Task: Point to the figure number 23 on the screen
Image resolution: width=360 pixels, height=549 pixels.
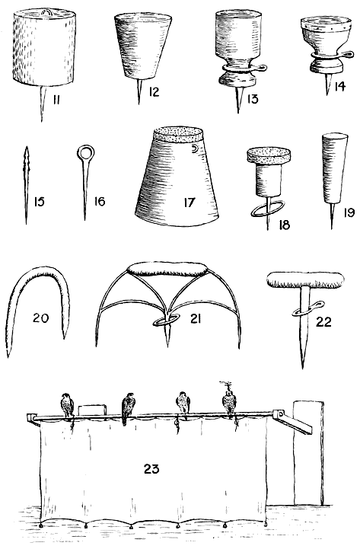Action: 151,468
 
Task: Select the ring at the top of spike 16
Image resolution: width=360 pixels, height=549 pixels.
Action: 84,152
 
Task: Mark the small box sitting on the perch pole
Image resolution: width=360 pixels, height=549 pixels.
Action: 92,410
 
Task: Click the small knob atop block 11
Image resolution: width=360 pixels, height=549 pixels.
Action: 45,13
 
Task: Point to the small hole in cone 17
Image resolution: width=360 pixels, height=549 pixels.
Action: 194,149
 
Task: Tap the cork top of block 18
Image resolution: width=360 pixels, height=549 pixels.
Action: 269,155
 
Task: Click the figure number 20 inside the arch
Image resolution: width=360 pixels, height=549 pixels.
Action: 40,318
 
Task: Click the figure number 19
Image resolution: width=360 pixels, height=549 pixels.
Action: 349,212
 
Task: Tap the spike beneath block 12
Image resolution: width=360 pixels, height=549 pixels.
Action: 139,91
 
